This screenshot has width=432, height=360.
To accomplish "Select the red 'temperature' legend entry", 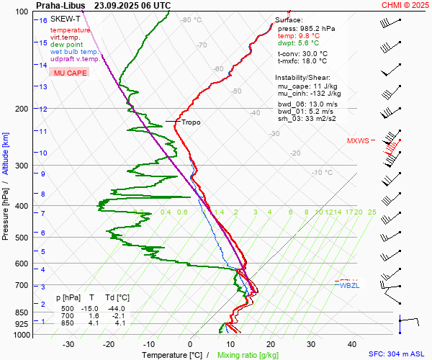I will point(71,30).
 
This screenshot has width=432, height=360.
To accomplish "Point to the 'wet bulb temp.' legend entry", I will point(75,52).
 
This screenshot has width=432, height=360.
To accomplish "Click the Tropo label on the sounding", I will point(191,122).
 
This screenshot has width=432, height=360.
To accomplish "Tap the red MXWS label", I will point(357,140).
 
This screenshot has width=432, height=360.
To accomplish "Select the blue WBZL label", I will point(349,286).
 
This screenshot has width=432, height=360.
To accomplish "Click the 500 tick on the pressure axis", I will point(22,238).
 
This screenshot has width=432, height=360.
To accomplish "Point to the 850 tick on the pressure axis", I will point(22,312).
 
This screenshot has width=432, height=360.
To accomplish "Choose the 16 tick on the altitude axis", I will point(43,21).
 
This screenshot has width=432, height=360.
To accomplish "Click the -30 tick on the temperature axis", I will point(68,344).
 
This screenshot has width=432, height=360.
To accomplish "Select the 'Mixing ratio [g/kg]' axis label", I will point(248,355).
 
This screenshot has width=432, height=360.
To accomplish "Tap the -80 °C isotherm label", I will point(192,20).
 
